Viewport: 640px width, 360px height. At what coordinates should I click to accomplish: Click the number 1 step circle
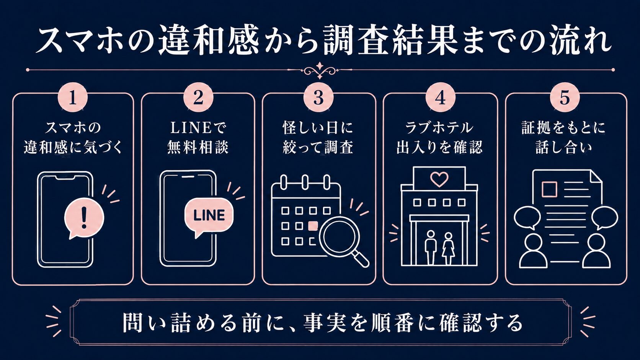tap(73, 98)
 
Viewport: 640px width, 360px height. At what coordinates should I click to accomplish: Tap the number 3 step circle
tap(318, 98)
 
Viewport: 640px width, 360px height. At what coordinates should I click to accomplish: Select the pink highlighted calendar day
tap(313, 226)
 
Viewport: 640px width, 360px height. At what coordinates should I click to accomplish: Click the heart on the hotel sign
tap(439, 179)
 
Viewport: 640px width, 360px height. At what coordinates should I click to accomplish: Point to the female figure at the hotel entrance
tap(448, 248)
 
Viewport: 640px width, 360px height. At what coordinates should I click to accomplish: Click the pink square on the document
tap(549, 189)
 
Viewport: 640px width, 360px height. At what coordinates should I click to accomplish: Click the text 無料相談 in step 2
tap(198, 148)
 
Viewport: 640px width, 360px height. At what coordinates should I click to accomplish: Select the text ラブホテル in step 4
tap(439, 128)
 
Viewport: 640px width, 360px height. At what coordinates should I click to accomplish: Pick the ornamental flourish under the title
tap(320, 70)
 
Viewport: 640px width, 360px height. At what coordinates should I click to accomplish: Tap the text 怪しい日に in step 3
tap(318, 128)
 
